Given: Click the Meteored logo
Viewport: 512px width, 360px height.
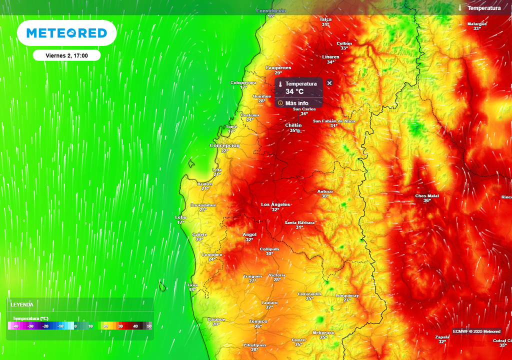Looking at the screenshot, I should pyautogui.click(x=66, y=33).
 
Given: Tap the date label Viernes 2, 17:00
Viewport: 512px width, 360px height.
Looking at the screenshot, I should pyautogui.click(x=66, y=55).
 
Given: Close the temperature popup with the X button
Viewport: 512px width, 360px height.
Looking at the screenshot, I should pyautogui.click(x=329, y=82).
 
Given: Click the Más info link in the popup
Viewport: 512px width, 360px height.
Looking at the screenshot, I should pyautogui.click(x=296, y=103).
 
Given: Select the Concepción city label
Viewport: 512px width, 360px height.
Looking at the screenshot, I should pyautogui.click(x=224, y=145).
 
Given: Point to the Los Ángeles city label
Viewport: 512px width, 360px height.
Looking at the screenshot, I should pyautogui.click(x=275, y=204).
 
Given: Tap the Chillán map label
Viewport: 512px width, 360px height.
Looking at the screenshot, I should pyautogui.click(x=293, y=125).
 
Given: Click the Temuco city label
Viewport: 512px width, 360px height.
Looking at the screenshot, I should pyautogui.click(x=258, y=321).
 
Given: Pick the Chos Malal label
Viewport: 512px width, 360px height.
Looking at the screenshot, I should pyautogui.click(x=426, y=196).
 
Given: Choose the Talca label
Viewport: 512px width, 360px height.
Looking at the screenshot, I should pyautogui.click(x=325, y=19).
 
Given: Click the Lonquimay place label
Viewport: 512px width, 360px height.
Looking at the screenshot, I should pyautogui.click(x=347, y=295).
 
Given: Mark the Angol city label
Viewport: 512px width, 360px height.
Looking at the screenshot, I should pyautogui.click(x=249, y=234).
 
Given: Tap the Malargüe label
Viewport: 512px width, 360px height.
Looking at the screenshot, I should pyautogui.click(x=477, y=24).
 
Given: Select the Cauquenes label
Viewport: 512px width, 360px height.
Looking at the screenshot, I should pyautogui.click(x=278, y=67).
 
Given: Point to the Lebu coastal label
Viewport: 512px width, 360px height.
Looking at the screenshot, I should pyautogui.click(x=180, y=217).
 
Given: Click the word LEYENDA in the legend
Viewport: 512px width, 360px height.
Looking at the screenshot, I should pyautogui.click(x=22, y=304).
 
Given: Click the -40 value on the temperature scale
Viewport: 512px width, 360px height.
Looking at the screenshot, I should pyautogui.click(x=16, y=326).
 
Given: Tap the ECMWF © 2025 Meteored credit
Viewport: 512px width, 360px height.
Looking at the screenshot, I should pyautogui.click(x=476, y=331).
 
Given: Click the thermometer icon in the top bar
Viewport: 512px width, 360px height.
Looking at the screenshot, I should pyautogui.click(x=459, y=8).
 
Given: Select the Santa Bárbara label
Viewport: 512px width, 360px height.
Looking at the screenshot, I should pyautogui.click(x=299, y=222).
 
